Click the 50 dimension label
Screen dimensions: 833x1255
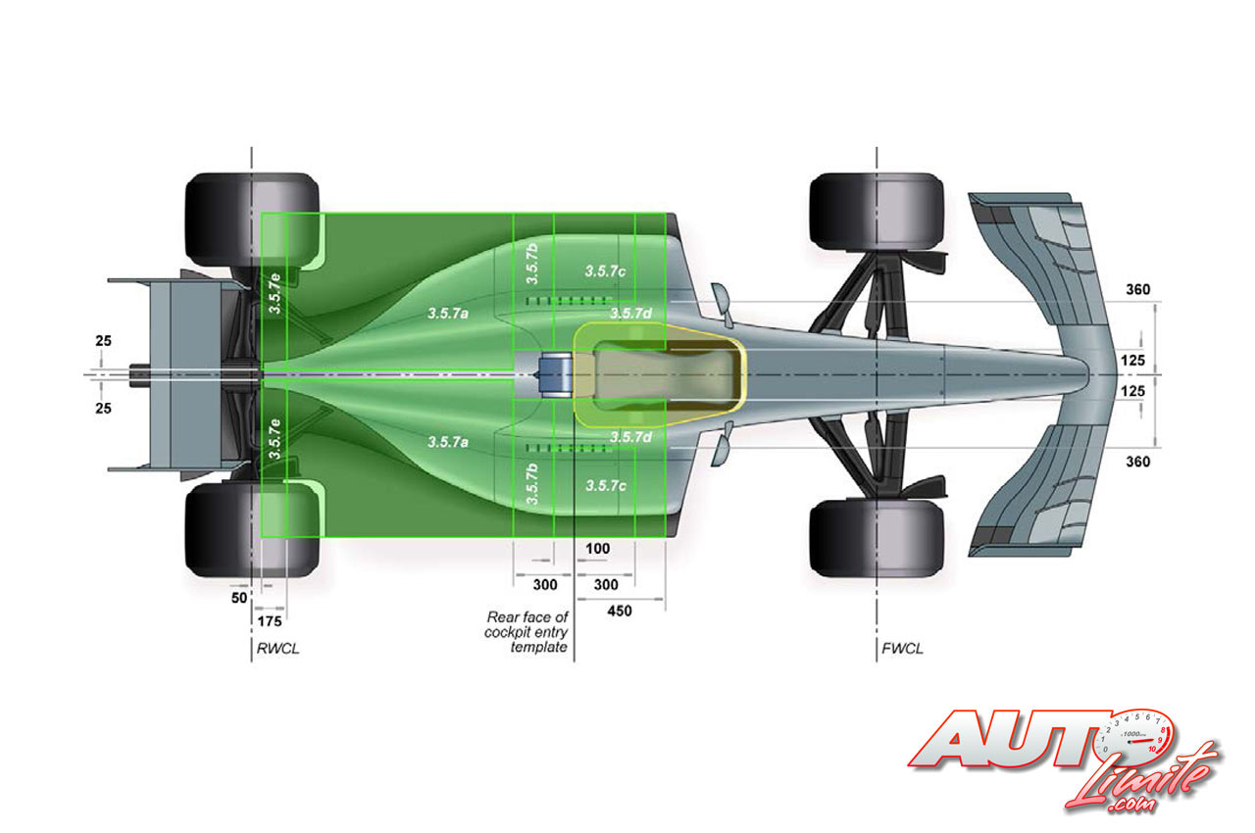tap(237, 597)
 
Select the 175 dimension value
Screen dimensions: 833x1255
tap(269, 620)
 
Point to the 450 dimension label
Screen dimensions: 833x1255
tap(619, 612)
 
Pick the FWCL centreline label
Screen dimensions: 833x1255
tap(902, 648)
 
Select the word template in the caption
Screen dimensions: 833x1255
tap(538, 648)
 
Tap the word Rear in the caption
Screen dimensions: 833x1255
tap(504, 617)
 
